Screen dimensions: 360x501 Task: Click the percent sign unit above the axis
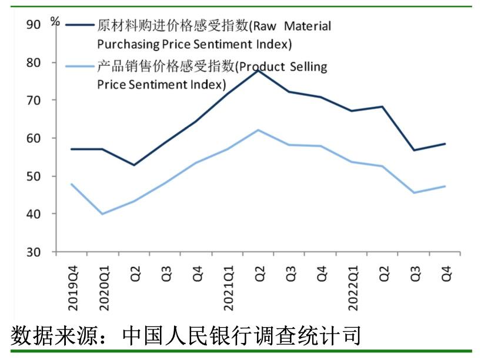coord(55,21)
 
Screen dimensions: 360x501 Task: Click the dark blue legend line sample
coord(79,25)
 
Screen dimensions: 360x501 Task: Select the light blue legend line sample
coord(79,66)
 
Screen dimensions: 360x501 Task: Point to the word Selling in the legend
coord(308,66)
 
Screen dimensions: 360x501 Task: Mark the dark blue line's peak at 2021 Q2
coord(258,70)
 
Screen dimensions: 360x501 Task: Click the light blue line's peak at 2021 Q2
coord(258,129)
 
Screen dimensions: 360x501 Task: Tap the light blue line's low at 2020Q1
coord(102,214)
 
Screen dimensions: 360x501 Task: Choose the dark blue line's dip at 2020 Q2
coord(133,165)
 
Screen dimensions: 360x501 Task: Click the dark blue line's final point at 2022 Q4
coord(445,144)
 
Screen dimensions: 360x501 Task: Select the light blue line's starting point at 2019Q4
coord(72,184)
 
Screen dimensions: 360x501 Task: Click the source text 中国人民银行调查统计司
coord(241,336)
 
